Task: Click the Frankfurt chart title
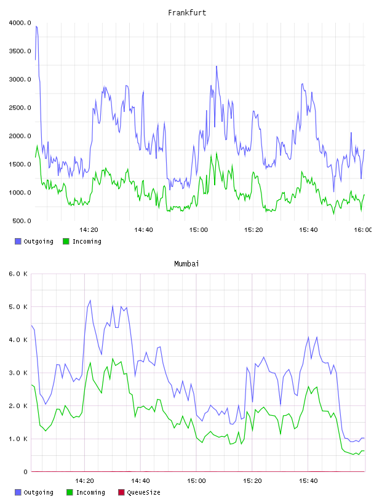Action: (x=187, y=12)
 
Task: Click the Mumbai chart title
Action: (x=186, y=263)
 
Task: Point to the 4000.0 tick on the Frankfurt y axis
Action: (x=20, y=23)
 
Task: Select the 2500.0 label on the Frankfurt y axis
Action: (x=20, y=108)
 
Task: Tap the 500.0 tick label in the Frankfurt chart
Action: (x=22, y=221)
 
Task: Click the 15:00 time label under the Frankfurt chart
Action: (x=199, y=229)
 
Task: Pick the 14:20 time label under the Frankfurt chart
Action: (x=89, y=229)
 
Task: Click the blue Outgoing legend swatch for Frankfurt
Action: (x=18, y=241)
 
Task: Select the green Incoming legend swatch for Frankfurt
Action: (x=66, y=241)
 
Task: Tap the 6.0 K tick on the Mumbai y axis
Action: (x=18, y=274)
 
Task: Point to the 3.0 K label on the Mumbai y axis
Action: (x=18, y=373)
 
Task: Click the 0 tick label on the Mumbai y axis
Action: (x=25, y=472)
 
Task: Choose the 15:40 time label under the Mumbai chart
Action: (x=308, y=480)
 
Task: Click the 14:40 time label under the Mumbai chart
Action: (x=140, y=480)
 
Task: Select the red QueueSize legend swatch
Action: (x=121, y=492)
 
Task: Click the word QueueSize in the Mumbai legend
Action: (x=143, y=492)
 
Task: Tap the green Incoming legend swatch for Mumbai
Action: (x=70, y=492)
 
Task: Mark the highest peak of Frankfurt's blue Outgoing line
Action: (x=36, y=26)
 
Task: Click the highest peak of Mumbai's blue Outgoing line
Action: (x=90, y=300)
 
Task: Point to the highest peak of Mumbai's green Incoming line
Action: (x=113, y=359)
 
